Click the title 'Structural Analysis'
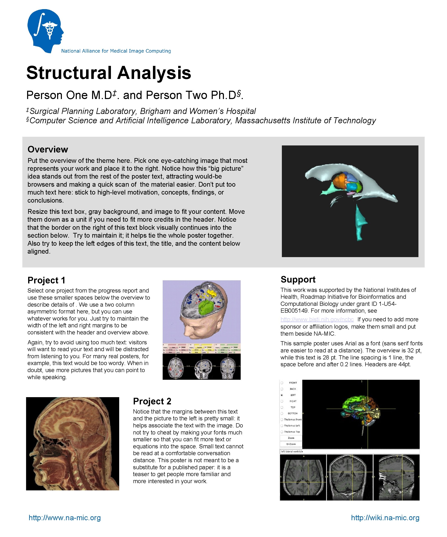click(x=109, y=73)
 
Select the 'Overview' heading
click(x=48, y=149)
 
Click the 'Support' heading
click(x=298, y=279)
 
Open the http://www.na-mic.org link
click(x=65, y=518)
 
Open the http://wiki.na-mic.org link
click(x=385, y=518)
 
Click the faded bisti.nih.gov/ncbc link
click(x=317, y=319)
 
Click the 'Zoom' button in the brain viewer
click(x=291, y=438)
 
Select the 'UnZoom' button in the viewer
click(x=291, y=444)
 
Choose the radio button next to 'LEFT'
click(x=282, y=395)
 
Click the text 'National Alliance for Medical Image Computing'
click(x=116, y=51)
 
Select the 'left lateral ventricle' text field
click(x=350, y=452)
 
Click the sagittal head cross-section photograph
click(x=73, y=444)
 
